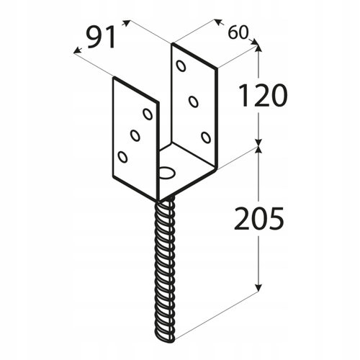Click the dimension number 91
pyautogui.click(x=101, y=38)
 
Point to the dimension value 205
pyautogui.click(x=258, y=217)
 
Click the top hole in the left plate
pyautogui.click(x=147, y=113)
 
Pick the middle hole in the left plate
pyautogui.click(x=135, y=135)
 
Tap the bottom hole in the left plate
pyautogui.click(x=122, y=156)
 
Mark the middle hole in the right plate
pyautogui.click(x=193, y=102)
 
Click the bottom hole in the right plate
pyautogui.click(x=206, y=137)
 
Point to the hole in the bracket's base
pyautogui.click(x=168, y=173)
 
